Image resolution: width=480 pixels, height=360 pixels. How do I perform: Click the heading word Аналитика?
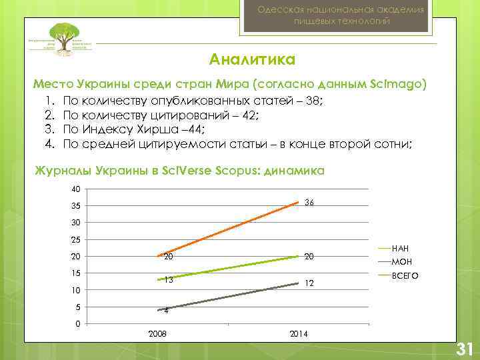click(x=252, y=60)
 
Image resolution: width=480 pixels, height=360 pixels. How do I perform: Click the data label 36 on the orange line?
click(x=309, y=202)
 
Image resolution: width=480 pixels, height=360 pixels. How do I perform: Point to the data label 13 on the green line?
click(x=169, y=279)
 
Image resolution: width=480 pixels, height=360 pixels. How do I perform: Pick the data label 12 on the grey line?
click(x=309, y=283)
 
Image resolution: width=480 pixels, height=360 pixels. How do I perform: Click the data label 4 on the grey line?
click(x=167, y=311)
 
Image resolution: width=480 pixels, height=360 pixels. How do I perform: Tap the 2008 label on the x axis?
click(x=158, y=333)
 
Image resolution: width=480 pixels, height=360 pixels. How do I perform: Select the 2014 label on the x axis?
click(x=299, y=333)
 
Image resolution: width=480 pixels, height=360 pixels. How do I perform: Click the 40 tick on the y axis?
click(x=77, y=189)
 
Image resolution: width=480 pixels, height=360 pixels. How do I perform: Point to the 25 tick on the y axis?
click(x=77, y=240)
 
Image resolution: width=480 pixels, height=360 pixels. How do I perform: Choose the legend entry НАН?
click(x=401, y=248)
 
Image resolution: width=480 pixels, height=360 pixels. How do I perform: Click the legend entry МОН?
click(x=402, y=261)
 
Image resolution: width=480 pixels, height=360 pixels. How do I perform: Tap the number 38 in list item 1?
click(x=311, y=101)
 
